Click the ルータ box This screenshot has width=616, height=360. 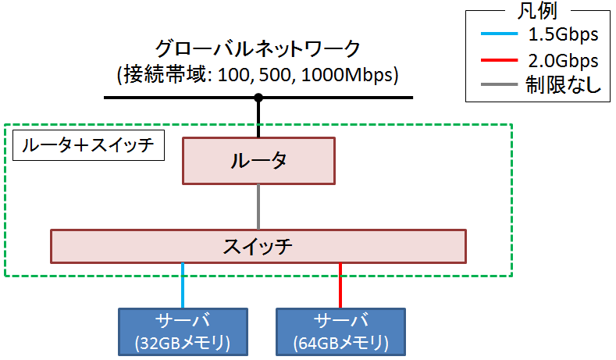(x=258, y=162)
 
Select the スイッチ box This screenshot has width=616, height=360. (x=258, y=246)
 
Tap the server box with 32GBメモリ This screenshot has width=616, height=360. (x=182, y=331)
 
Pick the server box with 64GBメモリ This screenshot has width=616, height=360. (x=340, y=331)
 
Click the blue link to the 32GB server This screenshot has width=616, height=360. (x=183, y=286)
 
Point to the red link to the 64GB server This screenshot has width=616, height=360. (x=340, y=286)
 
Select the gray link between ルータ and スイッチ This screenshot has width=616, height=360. (x=258, y=206)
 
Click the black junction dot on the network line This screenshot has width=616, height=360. (x=258, y=98)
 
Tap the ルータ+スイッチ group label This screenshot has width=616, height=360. (x=88, y=145)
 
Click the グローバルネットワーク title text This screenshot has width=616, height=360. (x=258, y=48)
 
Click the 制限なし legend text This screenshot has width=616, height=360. (x=563, y=86)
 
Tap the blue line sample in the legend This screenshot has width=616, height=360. (x=495, y=35)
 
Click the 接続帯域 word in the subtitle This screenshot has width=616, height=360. (x=154, y=75)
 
